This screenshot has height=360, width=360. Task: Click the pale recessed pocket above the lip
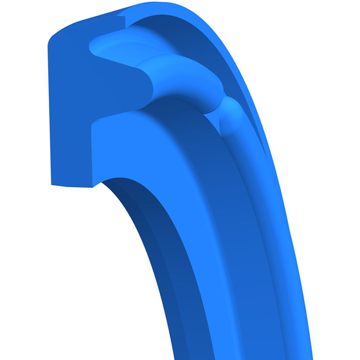point(116,45)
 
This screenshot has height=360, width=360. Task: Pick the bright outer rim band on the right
point(283,193)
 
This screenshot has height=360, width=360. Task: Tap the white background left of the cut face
point(22,109)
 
